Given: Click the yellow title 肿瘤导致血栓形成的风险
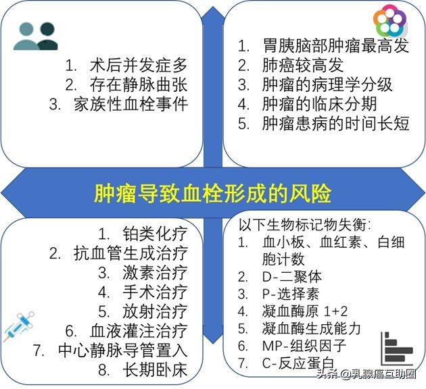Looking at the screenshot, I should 212,194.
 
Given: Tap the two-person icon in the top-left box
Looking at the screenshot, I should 35,36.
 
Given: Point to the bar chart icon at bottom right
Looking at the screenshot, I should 397,348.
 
